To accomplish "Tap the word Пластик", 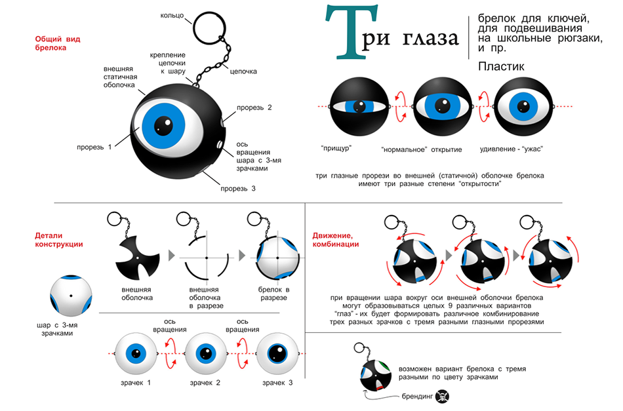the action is (x=501, y=66).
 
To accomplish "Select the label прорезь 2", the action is (x=254, y=108).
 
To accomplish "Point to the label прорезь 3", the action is (x=238, y=189).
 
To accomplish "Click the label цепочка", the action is (x=243, y=71).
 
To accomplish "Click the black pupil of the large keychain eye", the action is (x=163, y=125).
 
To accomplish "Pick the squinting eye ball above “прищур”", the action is (x=359, y=106).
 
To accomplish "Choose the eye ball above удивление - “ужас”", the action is (x=523, y=106).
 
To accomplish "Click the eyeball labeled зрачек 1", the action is (x=136, y=354).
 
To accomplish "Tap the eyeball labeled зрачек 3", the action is (x=277, y=354).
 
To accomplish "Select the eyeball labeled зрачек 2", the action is (x=206, y=354).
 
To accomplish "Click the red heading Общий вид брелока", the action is (x=58, y=43).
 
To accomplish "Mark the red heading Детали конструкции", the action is (x=59, y=240).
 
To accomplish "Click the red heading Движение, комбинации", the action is (x=335, y=240).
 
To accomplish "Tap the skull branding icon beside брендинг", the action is (x=442, y=396).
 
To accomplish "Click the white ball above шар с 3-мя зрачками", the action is (x=71, y=296).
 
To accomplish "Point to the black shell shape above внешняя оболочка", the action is (x=138, y=258).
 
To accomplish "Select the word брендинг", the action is (x=417, y=397).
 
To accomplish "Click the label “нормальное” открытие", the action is (x=422, y=149).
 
